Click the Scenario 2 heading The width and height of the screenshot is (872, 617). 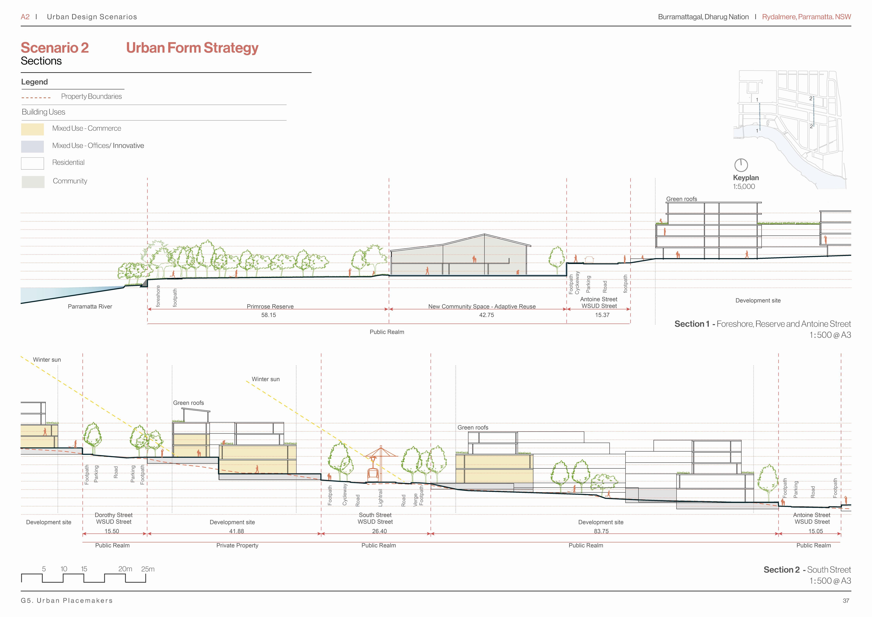point(55,48)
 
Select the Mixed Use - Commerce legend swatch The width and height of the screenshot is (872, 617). point(32,129)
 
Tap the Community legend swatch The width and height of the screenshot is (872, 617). point(33,182)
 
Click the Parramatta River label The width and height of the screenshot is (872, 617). point(90,307)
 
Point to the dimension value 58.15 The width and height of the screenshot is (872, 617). point(268,315)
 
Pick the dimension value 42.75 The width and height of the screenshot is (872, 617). point(486,315)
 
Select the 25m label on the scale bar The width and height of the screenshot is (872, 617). point(148,569)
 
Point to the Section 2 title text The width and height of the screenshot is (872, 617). point(807,570)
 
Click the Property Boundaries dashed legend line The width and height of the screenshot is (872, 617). point(36,98)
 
